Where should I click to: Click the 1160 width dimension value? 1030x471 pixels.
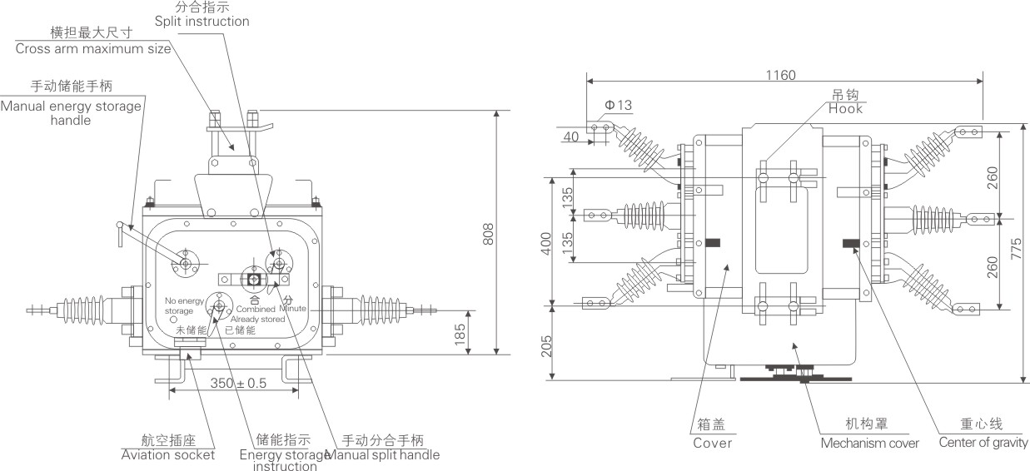click(x=780, y=75)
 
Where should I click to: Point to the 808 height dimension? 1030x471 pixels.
click(x=489, y=236)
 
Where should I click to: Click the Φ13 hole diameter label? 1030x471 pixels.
click(x=619, y=105)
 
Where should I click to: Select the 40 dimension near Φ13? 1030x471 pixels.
click(x=572, y=136)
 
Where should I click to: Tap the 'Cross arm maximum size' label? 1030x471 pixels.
click(x=93, y=48)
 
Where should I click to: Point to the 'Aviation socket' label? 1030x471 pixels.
click(x=168, y=455)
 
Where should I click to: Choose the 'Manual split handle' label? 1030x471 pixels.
click(x=382, y=455)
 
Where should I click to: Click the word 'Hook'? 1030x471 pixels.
click(x=845, y=109)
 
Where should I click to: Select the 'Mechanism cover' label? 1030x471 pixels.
click(x=869, y=444)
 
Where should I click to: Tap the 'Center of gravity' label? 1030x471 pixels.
click(x=983, y=443)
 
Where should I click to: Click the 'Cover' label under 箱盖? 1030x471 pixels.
click(x=713, y=444)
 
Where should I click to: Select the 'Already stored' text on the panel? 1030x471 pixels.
click(x=254, y=318)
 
